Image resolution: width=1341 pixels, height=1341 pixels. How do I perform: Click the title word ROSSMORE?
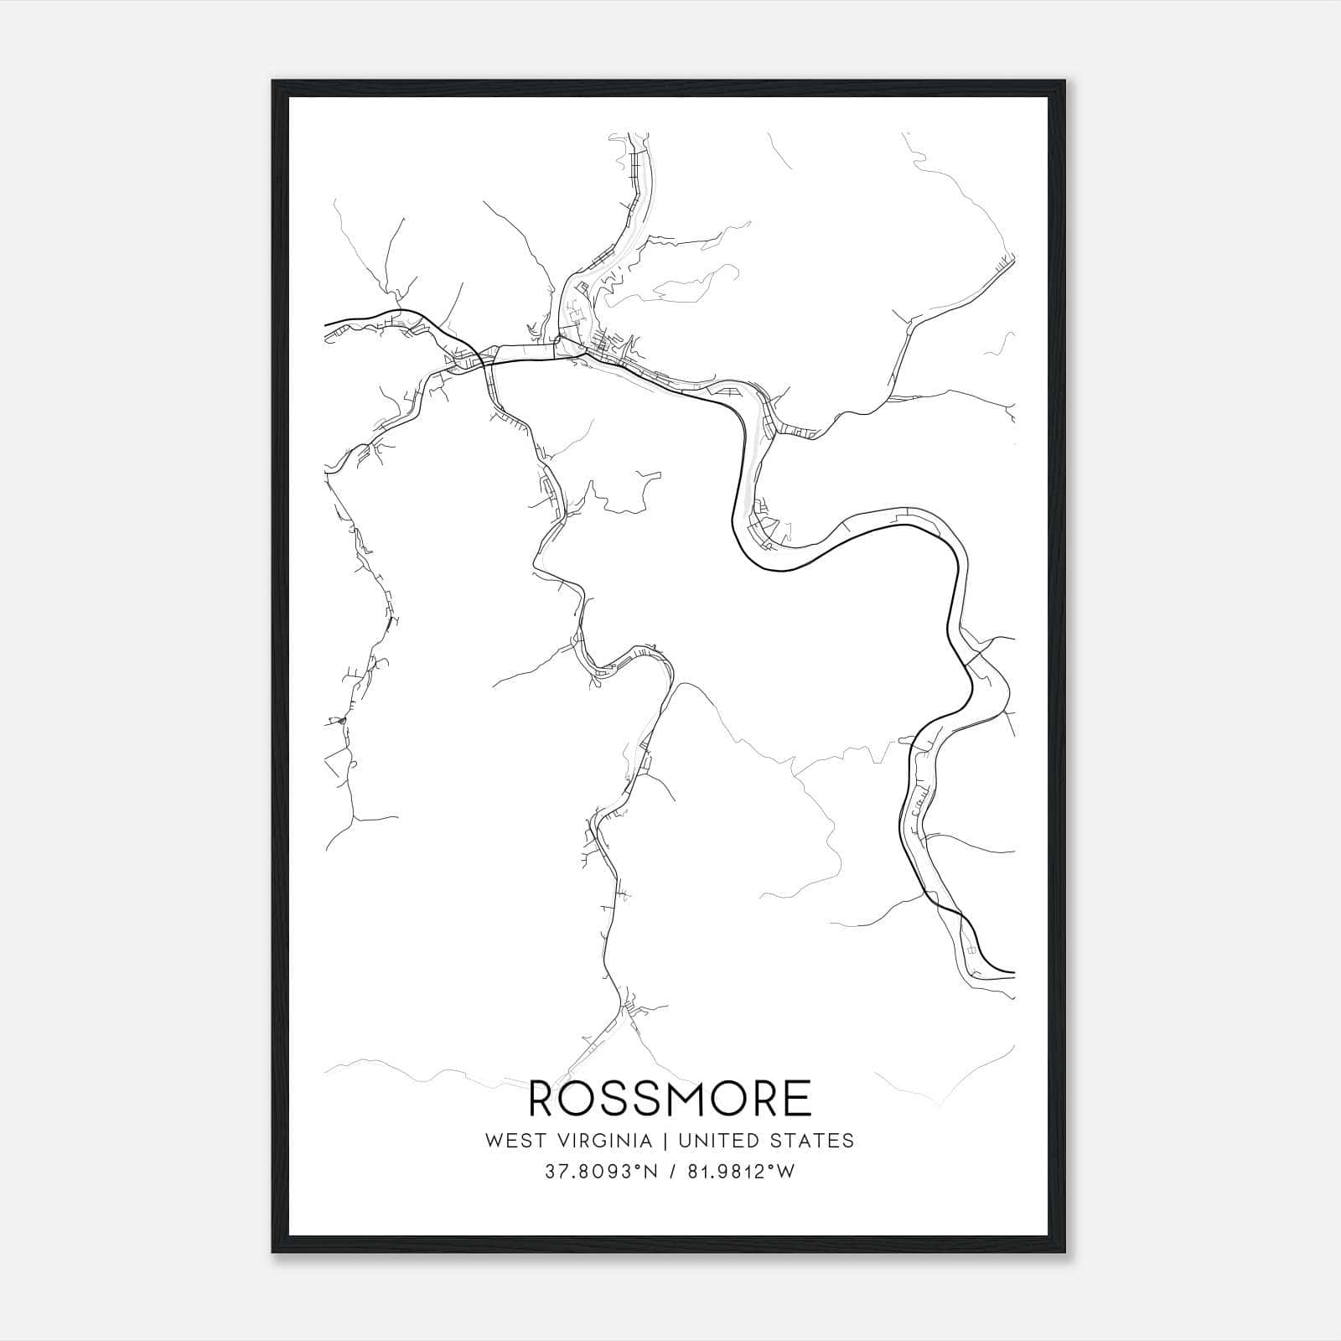coord(670,1098)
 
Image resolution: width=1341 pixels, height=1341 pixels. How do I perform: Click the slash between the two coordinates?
coord(670,1173)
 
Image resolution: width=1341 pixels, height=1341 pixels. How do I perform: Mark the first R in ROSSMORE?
coord(542,1098)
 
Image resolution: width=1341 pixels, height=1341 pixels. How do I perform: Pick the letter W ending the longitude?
coord(786,1173)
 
